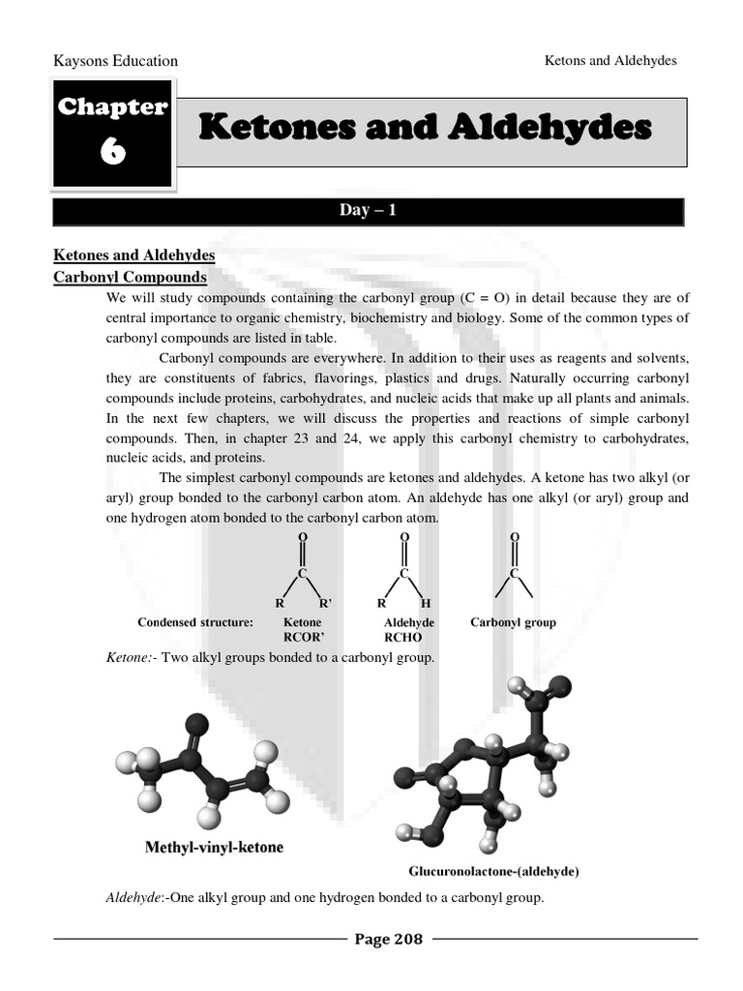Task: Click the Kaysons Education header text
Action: tap(115, 61)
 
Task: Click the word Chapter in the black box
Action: tap(112, 107)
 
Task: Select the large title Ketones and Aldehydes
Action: tap(426, 127)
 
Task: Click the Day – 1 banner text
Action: tap(368, 211)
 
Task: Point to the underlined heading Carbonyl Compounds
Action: tap(130, 277)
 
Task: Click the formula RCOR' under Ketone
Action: tap(303, 638)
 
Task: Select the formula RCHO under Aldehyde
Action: tap(402, 638)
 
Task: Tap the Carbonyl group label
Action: tap(513, 622)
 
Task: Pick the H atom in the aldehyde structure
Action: tap(426, 603)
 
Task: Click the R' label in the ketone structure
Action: tap(325, 603)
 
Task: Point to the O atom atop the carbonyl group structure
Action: tap(515, 536)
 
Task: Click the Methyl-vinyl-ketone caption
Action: tap(214, 848)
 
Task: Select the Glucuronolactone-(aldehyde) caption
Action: tap(493, 871)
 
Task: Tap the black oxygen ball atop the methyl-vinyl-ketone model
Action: tap(197, 723)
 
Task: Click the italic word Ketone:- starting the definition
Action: tap(130, 658)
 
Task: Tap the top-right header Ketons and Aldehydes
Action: tap(610, 60)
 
